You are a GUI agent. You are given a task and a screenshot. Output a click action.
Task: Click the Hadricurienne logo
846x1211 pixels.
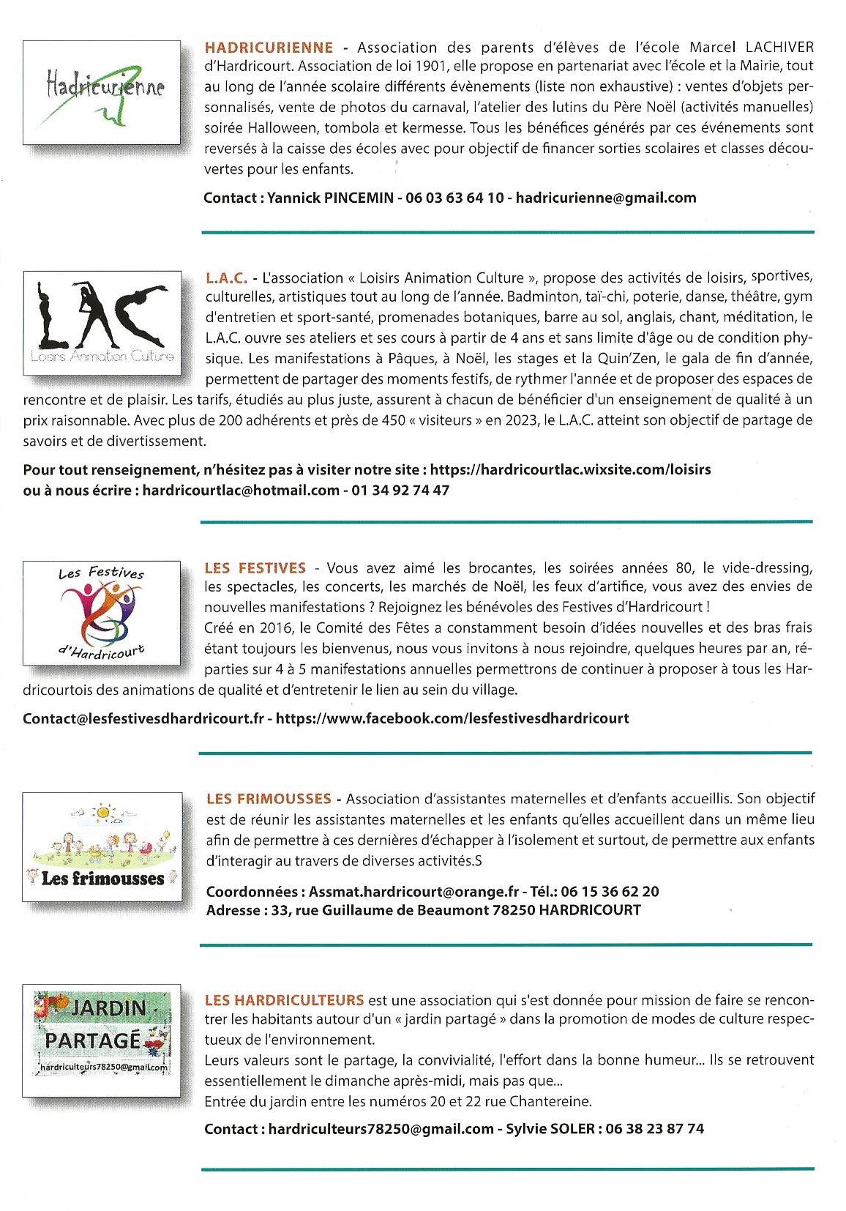102,92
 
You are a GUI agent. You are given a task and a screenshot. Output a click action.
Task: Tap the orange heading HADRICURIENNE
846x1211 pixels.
269,48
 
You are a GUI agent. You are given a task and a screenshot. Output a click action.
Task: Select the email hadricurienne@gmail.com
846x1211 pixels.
606,198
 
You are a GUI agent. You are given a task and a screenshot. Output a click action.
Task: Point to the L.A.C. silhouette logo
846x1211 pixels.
102,323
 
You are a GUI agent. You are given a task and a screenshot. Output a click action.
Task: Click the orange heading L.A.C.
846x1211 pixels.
228,278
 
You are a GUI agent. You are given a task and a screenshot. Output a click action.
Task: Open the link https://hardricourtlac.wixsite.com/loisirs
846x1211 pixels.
570,469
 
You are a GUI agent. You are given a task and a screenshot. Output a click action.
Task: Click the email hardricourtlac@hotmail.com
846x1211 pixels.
241,490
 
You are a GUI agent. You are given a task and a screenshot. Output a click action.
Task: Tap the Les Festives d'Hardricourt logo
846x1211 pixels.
102,613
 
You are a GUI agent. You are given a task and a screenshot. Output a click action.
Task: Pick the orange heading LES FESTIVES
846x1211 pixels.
255,567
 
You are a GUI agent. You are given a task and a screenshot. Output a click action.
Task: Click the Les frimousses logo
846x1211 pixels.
102,846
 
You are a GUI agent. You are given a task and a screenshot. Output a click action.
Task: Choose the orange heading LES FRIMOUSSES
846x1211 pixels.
269,799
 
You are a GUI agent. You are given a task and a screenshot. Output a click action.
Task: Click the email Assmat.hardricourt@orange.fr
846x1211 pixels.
413,892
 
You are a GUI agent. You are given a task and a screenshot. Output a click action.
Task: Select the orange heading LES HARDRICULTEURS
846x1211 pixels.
285,1000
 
